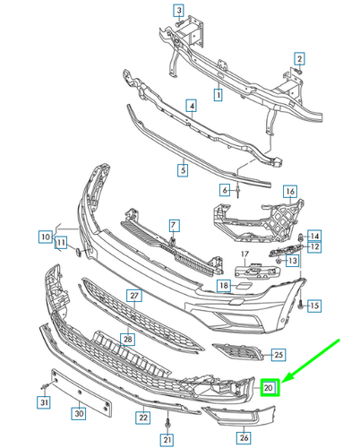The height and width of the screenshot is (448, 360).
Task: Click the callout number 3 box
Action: pos(178,11)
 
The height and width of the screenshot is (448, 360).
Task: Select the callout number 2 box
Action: pos(300,59)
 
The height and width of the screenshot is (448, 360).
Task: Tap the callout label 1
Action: pos(218,93)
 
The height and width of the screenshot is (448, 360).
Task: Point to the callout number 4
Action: pos(191,107)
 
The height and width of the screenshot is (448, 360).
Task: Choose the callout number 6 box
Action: pos(227,190)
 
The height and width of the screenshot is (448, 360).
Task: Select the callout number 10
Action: pos(45,237)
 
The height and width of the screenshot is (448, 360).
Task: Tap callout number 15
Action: pos(314,306)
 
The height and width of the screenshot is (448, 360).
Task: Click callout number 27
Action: pos(133,296)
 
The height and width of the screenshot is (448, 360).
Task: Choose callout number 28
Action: pos(128,340)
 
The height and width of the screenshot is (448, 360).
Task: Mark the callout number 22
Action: pos(142,417)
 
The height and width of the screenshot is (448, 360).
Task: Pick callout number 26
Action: pos(242,437)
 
